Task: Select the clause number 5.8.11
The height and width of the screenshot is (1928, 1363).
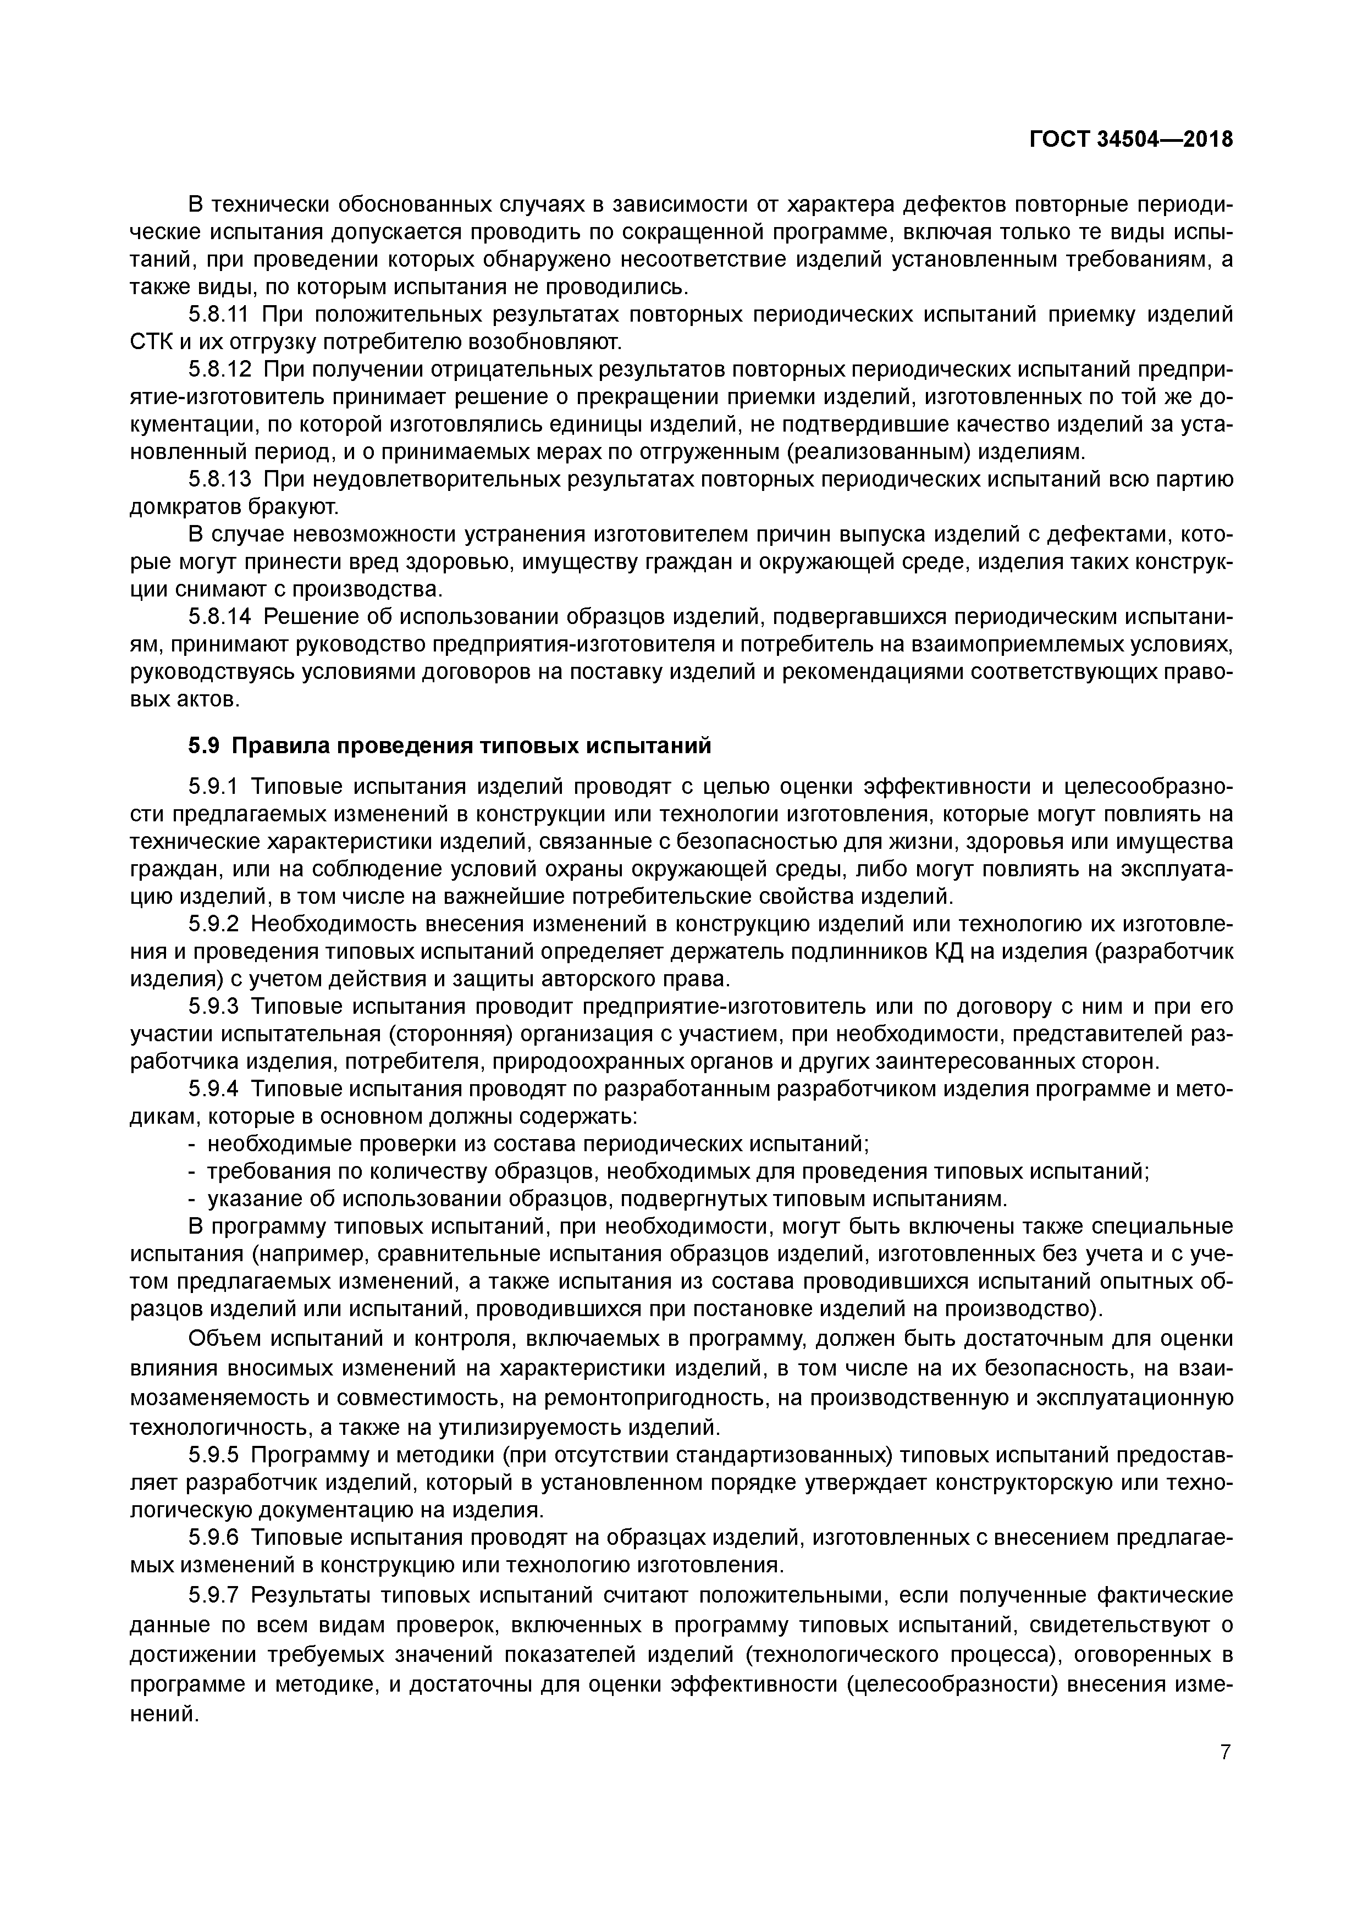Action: (220, 315)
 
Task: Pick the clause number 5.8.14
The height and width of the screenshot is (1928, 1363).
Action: (220, 616)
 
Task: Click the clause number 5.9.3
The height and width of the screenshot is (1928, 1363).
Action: (214, 1006)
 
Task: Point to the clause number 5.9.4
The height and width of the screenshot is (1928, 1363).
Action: (214, 1089)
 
